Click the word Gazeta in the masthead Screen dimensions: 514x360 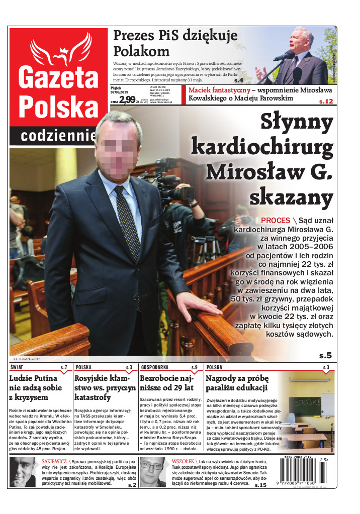[58, 76]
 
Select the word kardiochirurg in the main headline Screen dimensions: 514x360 [262, 147]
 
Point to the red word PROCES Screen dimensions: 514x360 [276, 220]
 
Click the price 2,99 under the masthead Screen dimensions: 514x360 [127, 99]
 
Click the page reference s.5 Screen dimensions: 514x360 [325, 355]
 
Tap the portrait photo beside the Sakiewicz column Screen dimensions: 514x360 [23, 471]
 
